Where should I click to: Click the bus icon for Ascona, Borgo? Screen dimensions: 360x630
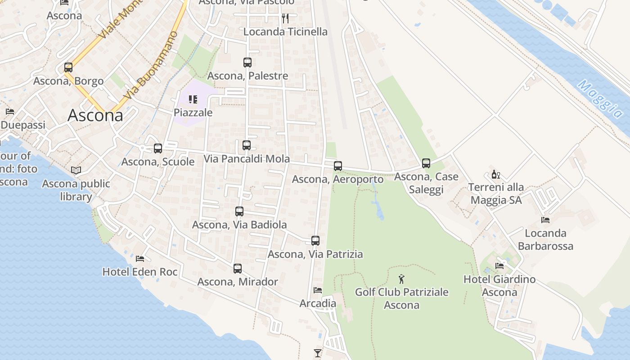(68, 67)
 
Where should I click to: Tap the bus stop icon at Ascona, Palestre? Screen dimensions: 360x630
(247, 63)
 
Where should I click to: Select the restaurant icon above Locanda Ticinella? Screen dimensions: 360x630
(285, 18)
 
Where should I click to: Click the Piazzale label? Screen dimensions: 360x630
(193, 112)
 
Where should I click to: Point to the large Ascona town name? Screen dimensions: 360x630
(95, 116)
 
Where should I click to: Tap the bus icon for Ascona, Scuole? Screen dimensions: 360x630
(157, 148)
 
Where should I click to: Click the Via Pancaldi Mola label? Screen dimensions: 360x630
(247, 159)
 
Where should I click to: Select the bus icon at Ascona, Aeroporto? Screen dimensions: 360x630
(338, 166)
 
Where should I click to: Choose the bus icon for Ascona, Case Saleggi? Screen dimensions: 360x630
(426, 163)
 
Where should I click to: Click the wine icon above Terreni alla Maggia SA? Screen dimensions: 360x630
(495, 174)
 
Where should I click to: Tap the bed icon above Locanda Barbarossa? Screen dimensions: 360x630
(545, 220)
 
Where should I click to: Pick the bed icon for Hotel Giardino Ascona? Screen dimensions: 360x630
(499, 266)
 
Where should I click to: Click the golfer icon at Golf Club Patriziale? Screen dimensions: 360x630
(401, 279)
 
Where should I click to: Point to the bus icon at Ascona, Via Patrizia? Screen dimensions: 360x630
(315, 241)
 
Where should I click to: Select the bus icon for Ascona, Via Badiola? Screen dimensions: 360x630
(239, 211)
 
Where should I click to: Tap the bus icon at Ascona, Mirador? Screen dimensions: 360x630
(238, 269)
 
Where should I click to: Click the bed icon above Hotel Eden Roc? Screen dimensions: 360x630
(140, 259)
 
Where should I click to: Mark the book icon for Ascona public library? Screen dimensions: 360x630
(76, 171)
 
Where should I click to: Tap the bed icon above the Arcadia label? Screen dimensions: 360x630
(318, 290)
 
